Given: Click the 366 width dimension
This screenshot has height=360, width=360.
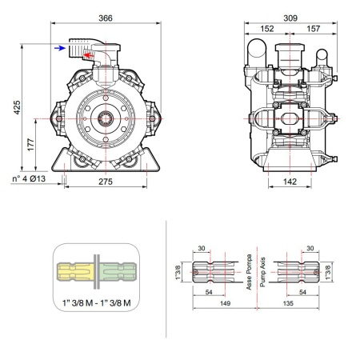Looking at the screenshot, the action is [106, 18].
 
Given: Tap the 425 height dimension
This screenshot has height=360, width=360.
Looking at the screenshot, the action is [17, 107].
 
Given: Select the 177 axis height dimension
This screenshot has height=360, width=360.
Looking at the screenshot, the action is [31, 145].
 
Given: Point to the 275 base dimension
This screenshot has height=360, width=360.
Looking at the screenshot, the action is [106, 182].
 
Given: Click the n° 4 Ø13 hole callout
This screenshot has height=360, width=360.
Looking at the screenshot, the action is [29, 178].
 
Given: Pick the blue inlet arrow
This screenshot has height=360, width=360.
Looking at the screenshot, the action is [60, 48].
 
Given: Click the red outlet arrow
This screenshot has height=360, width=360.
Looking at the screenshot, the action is [88, 55].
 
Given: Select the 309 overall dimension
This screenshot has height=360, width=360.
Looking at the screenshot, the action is [290, 18].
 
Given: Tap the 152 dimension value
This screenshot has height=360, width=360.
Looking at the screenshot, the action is [267, 29].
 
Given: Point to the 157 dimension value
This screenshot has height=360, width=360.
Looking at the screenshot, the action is [313, 29].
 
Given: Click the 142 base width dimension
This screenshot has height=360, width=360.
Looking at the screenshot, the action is [290, 182].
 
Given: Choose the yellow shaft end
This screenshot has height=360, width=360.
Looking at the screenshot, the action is [75, 271].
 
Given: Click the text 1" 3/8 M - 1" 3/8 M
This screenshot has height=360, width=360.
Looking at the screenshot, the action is [97, 302].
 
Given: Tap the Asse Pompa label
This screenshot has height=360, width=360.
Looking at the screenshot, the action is [249, 272].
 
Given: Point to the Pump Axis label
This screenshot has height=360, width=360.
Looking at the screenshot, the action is [262, 272].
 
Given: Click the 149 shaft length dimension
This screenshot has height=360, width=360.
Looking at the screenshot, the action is [225, 303].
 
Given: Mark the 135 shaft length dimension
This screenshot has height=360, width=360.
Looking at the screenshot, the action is [288, 303].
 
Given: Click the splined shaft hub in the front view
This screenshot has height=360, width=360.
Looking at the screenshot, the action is [106, 118].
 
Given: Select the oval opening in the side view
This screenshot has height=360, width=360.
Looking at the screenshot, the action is [290, 118].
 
